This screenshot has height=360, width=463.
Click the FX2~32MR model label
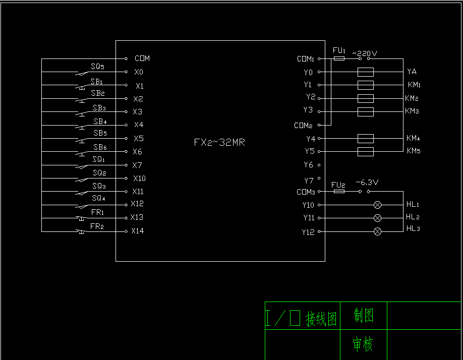click(219, 142)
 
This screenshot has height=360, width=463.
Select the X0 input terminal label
click(139, 72)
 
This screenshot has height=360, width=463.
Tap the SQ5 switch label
click(97, 66)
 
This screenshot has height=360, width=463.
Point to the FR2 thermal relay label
click(97, 226)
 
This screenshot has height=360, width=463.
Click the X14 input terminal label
click(137, 231)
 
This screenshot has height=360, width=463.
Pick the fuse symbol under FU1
click(339, 58)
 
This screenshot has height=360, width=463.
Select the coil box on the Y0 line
click(365, 72)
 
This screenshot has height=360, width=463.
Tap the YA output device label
click(412, 72)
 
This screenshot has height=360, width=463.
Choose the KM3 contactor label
click(412, 111)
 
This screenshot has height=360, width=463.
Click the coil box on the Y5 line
click(365, 151)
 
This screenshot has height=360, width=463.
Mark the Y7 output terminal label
click(309, 180)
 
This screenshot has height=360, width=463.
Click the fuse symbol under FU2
click(339, 192)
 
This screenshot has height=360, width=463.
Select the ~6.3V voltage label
click(367, 182)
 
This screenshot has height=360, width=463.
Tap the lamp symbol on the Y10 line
click(377, 205)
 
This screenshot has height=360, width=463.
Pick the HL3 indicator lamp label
click(413, 229)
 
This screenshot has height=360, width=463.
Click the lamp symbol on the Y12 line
click(377, 231)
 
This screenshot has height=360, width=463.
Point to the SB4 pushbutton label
click(100, 122)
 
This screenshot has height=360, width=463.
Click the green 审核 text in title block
click(363, 345)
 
